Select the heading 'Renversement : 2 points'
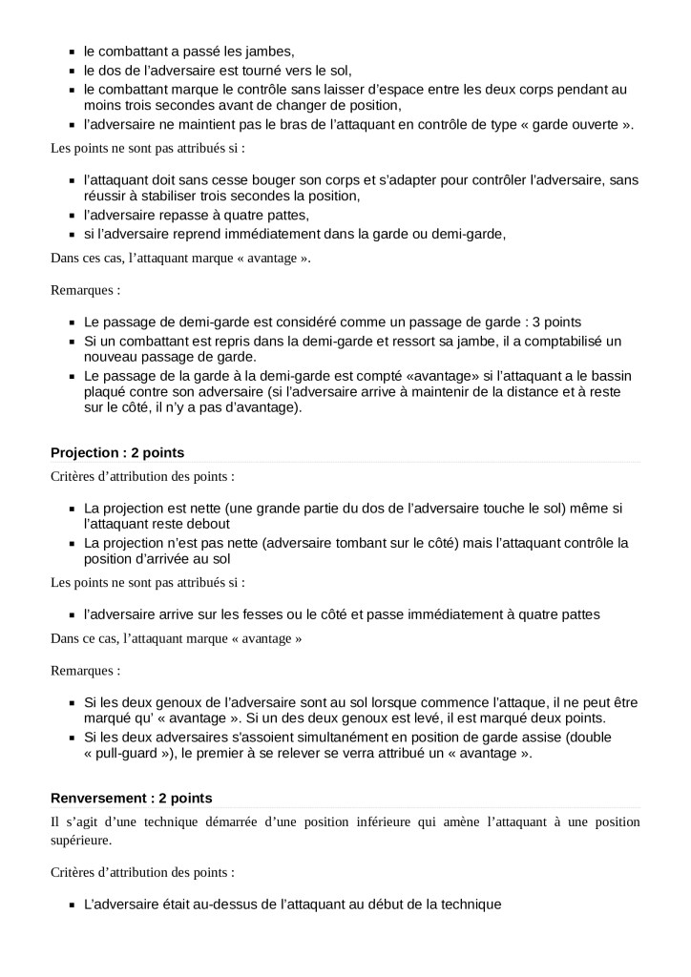tap(131, 798)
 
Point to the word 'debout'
tap(208, 524)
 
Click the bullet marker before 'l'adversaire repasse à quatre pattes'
tap(73, 216)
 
